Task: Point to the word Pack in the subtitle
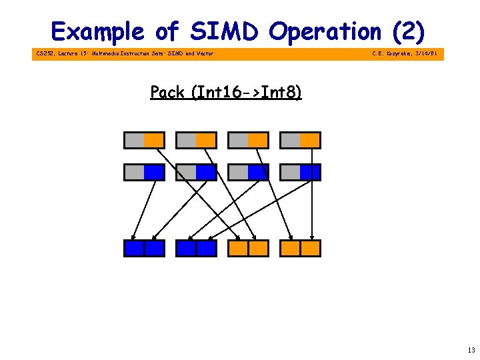coord(168,92)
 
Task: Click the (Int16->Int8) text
coord(246,92)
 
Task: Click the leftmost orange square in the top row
coord(154,140)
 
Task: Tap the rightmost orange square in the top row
coord(310,140)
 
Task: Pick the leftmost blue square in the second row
coord(154,172)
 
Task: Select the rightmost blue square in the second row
coord(310,172)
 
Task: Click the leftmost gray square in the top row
coord(135,140)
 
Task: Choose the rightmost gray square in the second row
coord(291,172)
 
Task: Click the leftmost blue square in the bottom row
coord(135,249)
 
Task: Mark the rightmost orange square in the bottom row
coord(310,249)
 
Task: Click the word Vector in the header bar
coord(205,53)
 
